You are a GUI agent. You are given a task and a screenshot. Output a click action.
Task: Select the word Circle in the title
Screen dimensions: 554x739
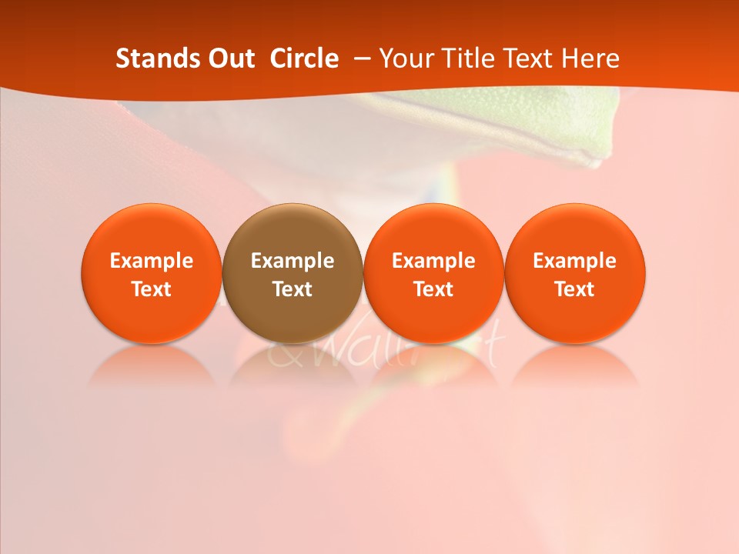coord(304,58)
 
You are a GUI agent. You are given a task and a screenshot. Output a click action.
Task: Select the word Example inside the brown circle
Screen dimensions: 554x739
coord(293,261)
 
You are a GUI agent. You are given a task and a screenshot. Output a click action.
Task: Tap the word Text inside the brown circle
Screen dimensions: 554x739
coord(293,289)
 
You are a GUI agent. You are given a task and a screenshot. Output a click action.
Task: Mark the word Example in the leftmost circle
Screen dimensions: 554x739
coord(152,261)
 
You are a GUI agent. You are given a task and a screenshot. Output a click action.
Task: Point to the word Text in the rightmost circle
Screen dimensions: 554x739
coord(575,289)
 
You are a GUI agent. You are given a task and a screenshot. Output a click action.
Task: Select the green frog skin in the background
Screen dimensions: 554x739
coord(554,123)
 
